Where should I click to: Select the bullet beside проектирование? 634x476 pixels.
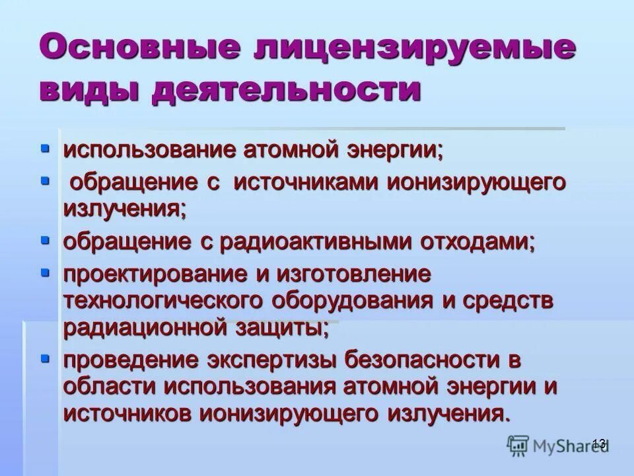[45, 272]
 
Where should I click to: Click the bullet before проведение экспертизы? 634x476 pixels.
[45, 358]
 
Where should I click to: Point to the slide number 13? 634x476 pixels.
[599, 443]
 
